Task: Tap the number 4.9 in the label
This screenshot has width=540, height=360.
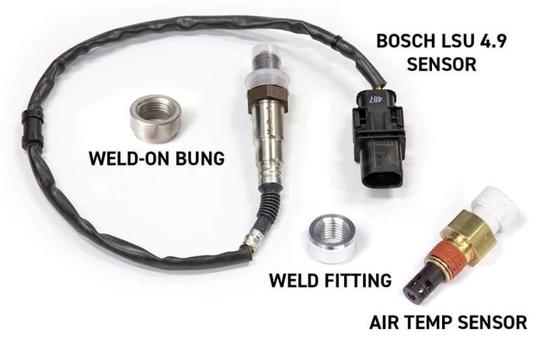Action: pos(489,41)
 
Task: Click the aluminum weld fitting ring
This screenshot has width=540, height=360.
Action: pos(331,238)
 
